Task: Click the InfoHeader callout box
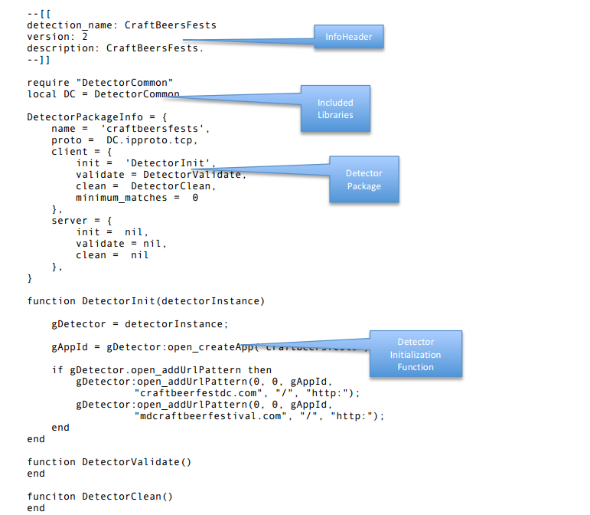pyautogui.click(x=348, y=37)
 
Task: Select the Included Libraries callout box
pyautogui.click(x=335, y=108)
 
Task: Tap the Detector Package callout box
pyautogui.click(x=363, y=179)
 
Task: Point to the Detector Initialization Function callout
pyautogui.click(x=416, y=354)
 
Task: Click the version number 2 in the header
pyautogui.click(x=85, y=36)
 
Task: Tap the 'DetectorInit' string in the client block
pyautogui.click(x=171, y=163)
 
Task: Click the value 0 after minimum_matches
pyautogui.click(x=195, y=198)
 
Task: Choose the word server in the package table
pyautogui.click(x=70, y=221)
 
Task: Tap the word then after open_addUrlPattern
pyautogui.click(x=259, y=369)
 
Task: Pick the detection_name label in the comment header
pyautogui.click(x=66, y=25)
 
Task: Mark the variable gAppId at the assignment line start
pyautogui.click(x=67, y=346)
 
